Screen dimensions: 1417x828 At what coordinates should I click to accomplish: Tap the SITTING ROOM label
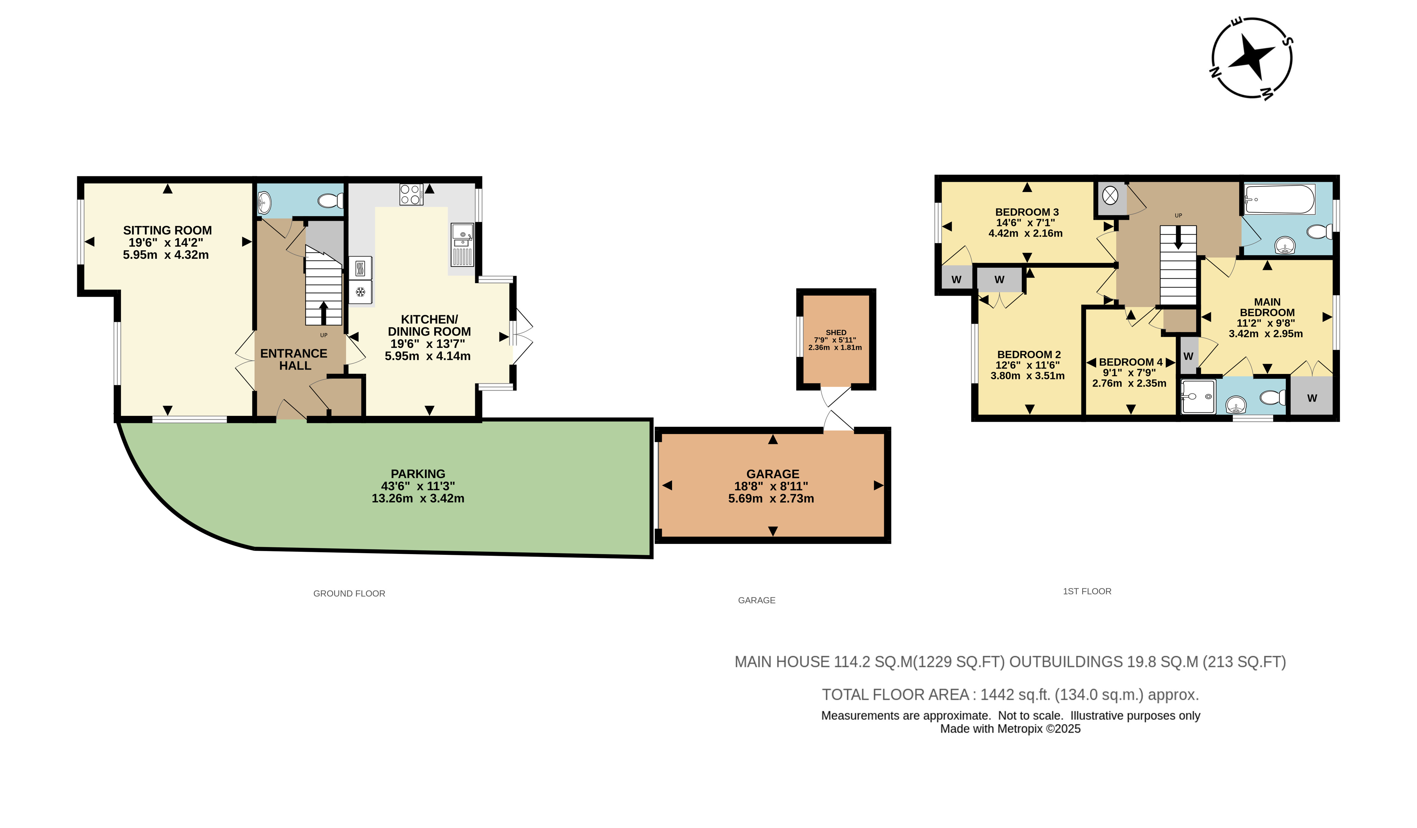pyautogui.click(x=168, y=231)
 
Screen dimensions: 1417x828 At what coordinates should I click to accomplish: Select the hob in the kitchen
pyautogui.click(x=411, y=194)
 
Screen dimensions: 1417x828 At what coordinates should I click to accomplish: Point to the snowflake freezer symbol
pyautogui.click(x=360, y=292)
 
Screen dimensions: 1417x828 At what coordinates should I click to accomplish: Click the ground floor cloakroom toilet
pyautogui.click(x=331, y=200)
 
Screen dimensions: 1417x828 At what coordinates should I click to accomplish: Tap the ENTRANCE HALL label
pyautogui.click(x=294, y=359)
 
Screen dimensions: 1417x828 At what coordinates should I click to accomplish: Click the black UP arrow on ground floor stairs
pyautogui.click(x=323, y=313)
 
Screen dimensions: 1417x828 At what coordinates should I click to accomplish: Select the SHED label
pyautogui.click(x=836, y=333)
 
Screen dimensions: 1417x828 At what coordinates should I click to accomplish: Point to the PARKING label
pyautogui.click(x=418, y=474)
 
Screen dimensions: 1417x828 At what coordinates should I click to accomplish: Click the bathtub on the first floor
pyautogui.click(x=1279, y=200)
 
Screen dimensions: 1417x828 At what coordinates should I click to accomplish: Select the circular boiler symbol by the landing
pyautogui.click(x=1110, y=196)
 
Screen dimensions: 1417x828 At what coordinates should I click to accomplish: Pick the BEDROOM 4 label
pyautogui.click(x=1131, y=362)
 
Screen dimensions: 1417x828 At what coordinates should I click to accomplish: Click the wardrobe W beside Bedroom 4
pyautogui.click(x=1188, y=356)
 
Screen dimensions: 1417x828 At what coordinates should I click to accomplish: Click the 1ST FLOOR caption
pyautogui.click(x=1087, y=591)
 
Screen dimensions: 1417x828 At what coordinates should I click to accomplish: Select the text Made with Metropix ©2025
pyautogui.click(x=1010, y=729)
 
